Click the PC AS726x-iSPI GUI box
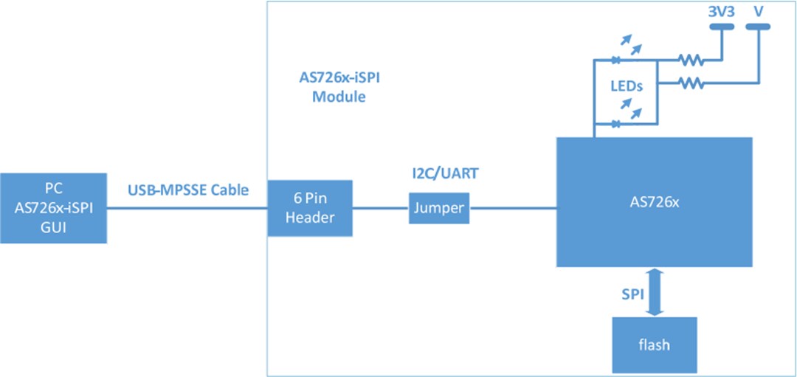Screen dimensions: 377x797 [x=53, y=209]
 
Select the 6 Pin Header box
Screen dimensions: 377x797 [x=310, y=208]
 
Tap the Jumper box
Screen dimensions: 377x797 [x=440, y=208]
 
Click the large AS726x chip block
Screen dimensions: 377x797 [x=654, y=201]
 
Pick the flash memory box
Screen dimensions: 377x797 [x=654, y=345]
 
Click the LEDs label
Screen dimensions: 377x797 [x=626, y=86]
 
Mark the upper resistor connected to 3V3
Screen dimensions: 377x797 [x=692, y=60]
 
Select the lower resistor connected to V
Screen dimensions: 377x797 [x=692, y=83]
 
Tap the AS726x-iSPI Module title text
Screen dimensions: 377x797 [x=339, y=87]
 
